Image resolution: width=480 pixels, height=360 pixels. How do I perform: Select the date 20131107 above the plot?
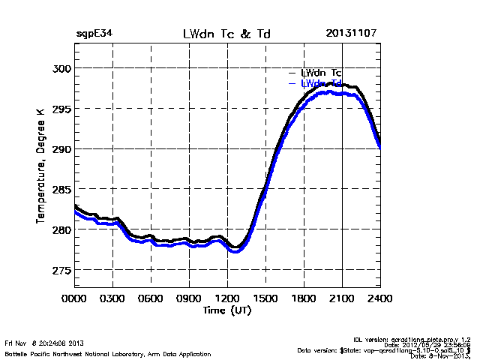point(352,34)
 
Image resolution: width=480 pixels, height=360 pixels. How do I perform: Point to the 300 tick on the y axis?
point(60,68)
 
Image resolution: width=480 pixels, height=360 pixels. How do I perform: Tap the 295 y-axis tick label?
point(60,109)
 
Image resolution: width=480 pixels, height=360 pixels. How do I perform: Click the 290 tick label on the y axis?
point(60,149)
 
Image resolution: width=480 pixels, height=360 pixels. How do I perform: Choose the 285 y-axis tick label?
point(60,189)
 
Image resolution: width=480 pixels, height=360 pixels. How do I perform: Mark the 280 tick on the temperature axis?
point(60,229)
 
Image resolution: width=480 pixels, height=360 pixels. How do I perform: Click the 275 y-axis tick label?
point(60,270)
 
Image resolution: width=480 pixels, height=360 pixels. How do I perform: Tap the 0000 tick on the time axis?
point(74,298)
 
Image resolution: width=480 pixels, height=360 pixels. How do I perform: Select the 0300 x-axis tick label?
point(112,298)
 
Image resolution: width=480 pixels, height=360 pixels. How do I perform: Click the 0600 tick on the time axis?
point(151,298)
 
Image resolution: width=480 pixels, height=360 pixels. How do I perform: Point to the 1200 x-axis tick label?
point(227,298)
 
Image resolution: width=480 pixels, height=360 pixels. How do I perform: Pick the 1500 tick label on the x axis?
point(265,298)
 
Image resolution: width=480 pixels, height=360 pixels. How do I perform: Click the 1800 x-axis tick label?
point(304,298)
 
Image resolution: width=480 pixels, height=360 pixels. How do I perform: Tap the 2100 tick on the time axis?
point(342,298)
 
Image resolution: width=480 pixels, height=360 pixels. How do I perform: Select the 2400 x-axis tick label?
point(380,298)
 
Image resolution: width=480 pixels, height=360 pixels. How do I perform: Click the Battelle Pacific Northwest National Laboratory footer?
point(108,353)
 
